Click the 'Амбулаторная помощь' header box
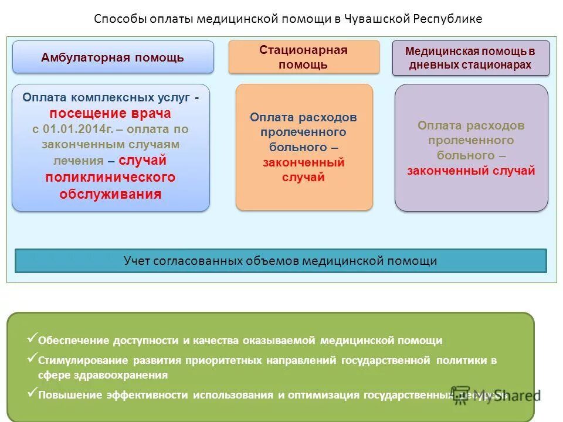(113, 57)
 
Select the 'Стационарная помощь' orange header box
(303, 57)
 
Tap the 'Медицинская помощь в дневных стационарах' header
(470, 58)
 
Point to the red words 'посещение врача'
(110, 113)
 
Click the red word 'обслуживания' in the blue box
(110, 195)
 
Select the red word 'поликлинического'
(110, 177)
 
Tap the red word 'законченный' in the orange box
(303, 162)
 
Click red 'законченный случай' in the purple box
(471, 171)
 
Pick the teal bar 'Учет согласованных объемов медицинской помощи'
(280, 261)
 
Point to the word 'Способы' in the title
(116, 19)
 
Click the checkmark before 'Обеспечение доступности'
(32, 338)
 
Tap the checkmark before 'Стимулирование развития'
(32, 358)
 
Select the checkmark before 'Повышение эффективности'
(32, 392)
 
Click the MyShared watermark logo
(496, 394)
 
